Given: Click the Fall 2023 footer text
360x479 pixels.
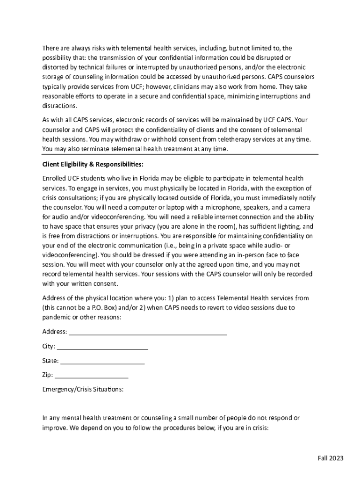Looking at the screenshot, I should click(x=330, y=458).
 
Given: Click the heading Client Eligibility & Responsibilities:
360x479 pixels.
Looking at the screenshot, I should click(x=93, y=165).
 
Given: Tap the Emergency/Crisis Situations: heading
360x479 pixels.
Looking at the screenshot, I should click(x=83, y=389).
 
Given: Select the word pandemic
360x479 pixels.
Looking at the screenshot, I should click(x=58, y=317).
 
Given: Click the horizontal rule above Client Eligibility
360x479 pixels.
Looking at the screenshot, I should click(x=180, y=154).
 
